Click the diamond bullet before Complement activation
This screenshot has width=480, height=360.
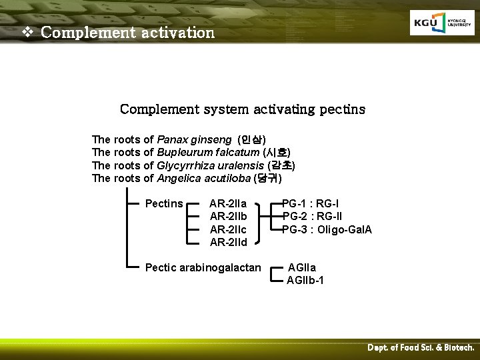point(27,32)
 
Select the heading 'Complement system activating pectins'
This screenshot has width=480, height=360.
point(242,109)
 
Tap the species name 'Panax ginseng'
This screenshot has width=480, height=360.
point(194,139)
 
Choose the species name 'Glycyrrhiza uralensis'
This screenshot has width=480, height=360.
point(211,165)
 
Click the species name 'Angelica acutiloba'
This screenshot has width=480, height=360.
point(203,178)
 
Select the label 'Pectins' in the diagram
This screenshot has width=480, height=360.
point(164,203)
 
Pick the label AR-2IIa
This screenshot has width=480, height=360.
point(228,203)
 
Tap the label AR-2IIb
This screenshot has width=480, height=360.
point(228,216)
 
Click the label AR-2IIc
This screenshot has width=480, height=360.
point(228,229)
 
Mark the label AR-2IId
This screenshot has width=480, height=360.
point(228,242)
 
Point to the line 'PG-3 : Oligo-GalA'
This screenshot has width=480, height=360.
point(327,229)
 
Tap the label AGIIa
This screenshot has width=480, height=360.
point(302,267)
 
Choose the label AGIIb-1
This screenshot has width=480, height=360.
point(305,280)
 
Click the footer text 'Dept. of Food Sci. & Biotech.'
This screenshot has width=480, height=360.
point(421,348)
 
